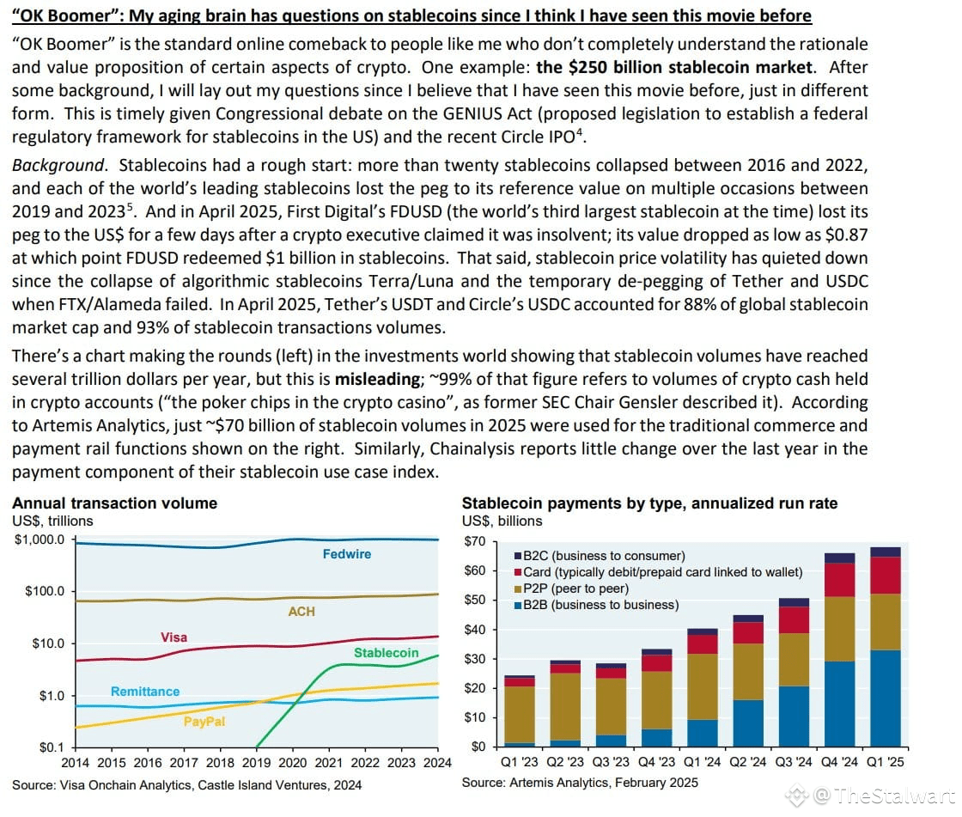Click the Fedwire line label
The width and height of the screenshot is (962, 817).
tap(347, 553)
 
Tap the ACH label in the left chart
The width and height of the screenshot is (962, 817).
tap(301, 612)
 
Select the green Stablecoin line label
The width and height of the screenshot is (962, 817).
tap(386, 653)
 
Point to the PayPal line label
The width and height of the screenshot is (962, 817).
tap(204, 722)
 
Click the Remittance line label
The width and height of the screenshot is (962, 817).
tap(145, 692)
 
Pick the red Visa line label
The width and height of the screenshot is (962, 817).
tap(174, 637)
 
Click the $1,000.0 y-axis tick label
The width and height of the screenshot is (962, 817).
tap(40, 540)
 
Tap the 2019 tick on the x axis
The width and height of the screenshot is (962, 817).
tap(257, 762)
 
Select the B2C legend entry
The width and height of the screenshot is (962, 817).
tap(600, 556)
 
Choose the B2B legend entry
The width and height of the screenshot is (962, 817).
tap(597, 605)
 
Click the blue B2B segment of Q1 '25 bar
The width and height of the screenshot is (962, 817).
tap(886, 698)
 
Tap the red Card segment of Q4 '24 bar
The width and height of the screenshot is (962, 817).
tap(840, 580)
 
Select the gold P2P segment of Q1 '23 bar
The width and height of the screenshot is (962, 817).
tap(520, 715)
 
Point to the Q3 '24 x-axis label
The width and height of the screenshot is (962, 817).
tap(794, 762)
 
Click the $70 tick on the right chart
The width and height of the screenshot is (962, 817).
tap(475, 541)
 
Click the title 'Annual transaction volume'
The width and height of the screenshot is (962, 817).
tap(115, 503)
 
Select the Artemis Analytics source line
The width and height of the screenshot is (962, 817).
tap(580, 782)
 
